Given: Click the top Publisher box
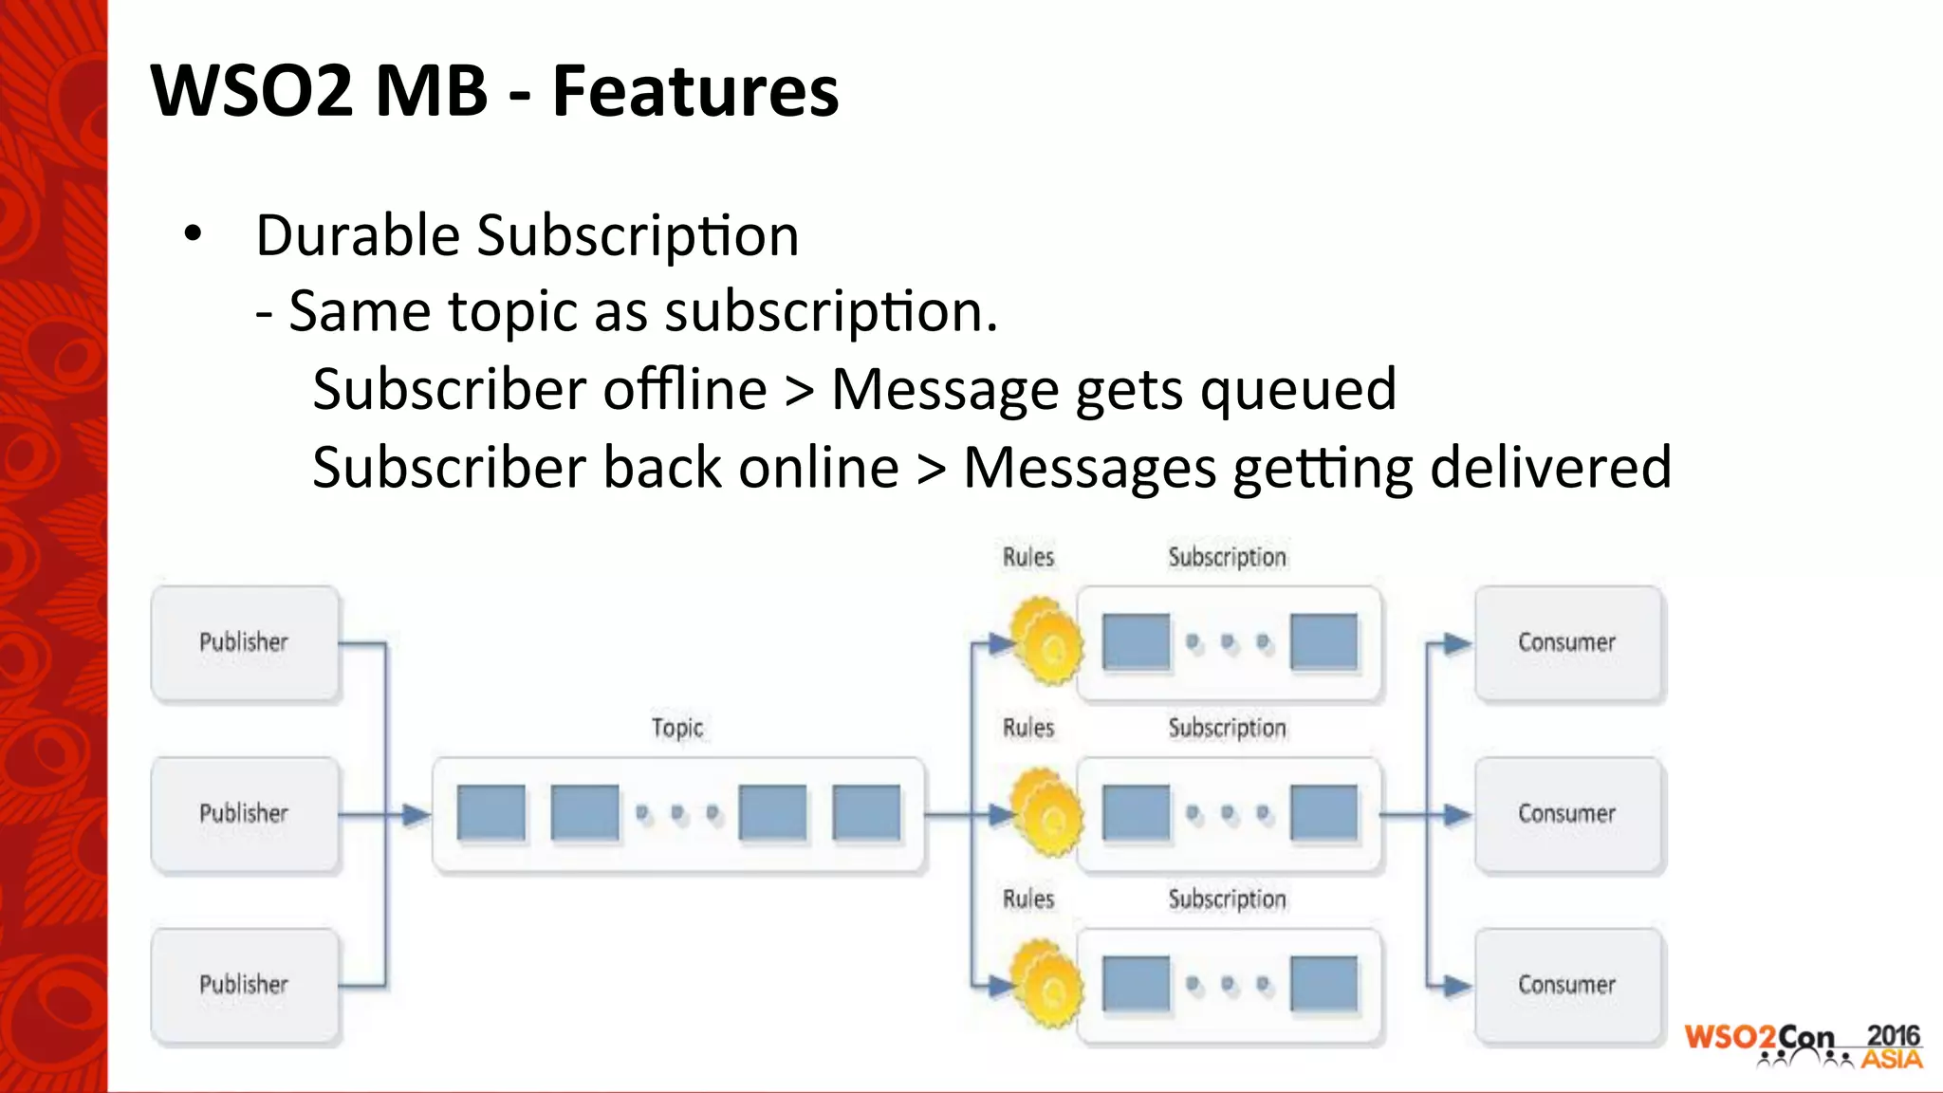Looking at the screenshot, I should pyautogui.click(x=245, y=643).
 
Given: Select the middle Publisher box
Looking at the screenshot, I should pyautogui.click(x=245, y=814).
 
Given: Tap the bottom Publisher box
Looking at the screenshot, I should pyautogui.click(x=245, y=985).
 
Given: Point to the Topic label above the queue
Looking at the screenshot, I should pyautogui.click(x=677, y=728).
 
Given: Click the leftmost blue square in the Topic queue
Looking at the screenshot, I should pyautogui.click(x=490, y=813).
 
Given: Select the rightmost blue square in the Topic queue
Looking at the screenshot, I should pyautogui.click(x=865, y=813).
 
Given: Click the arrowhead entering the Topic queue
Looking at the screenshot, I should pyautogui.click(x=416, y=814).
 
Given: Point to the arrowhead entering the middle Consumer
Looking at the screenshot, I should pyautogui.click(x=1456, y=814).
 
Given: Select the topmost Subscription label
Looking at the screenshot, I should pyautogui.click(x=1227, y=557).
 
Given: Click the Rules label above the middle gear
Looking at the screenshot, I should pyautogui.click(x=1028, y=728).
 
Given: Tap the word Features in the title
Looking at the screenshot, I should pyautogui.click(x=695, y=91).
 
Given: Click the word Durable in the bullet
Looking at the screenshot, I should pyautogui.click(x=359, y=235).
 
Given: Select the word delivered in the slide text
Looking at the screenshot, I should pyautogui.click(x=1550, y=468).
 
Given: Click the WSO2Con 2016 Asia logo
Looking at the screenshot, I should pyautogui.click(x=1803, y=1046).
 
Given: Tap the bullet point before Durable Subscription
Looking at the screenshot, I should pyautogui.click(x=194, y=234).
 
